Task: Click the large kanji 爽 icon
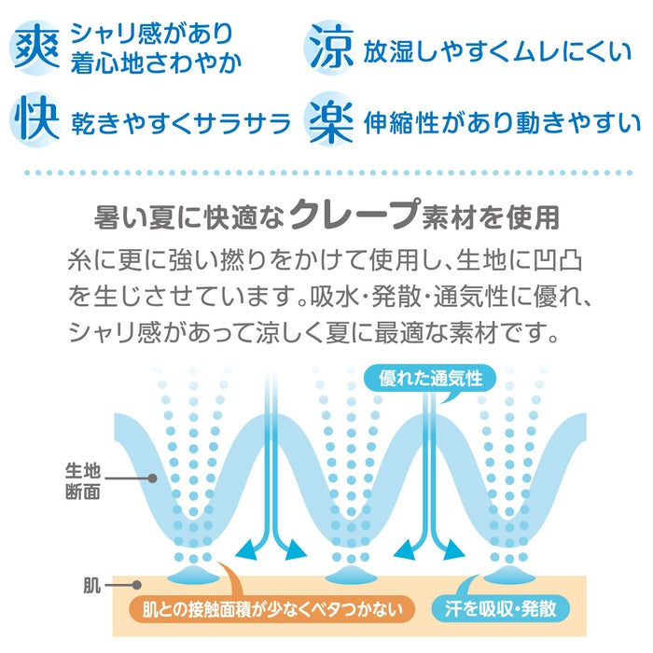coord(36,47)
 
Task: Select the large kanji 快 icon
coord(36,118)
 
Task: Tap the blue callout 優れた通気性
coord(430,379)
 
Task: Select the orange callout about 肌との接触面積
coord(272,610)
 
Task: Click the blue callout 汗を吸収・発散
coord(501,609)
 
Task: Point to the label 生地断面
coord(83,481)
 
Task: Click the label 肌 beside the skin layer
coord(92,586)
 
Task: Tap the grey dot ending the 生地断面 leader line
coord(152,479)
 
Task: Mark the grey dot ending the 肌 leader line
coord(136,585)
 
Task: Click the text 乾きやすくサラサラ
coord(181,124)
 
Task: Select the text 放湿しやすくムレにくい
coord(497,52)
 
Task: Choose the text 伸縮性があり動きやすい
coord(502,123)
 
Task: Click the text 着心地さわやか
coord(156,63)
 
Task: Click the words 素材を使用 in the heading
coord(491,217)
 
